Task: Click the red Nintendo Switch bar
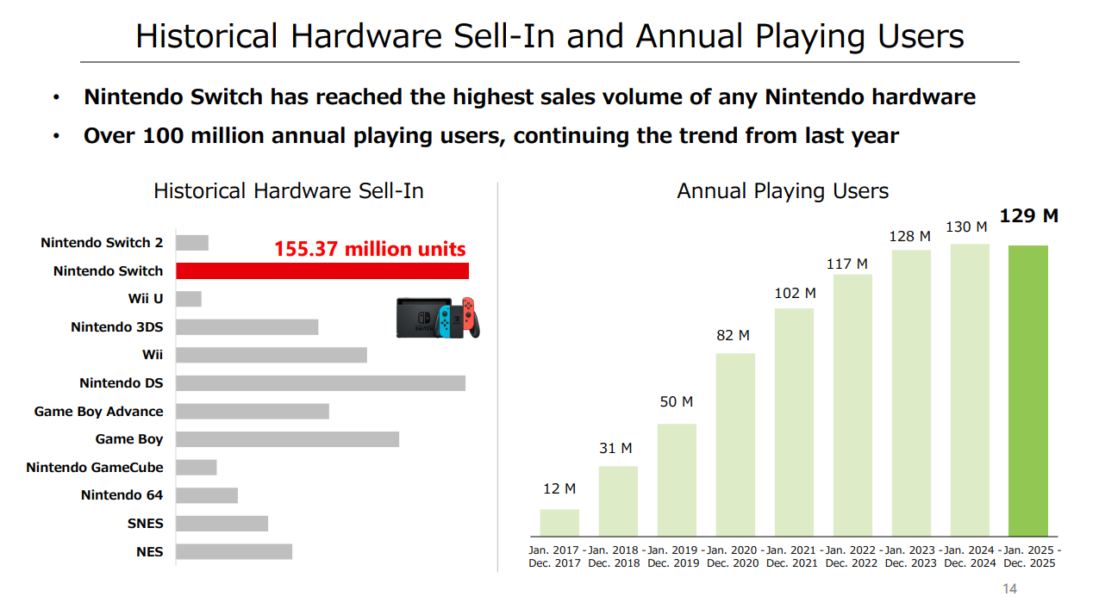point(322,271)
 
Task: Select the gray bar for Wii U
point(189,299)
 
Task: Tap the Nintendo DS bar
point(321,383)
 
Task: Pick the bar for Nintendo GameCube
point(197,468)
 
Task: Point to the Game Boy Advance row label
point(98,412)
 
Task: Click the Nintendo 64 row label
point(122,495)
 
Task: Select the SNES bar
point(222,524)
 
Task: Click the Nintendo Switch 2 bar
point(192,243)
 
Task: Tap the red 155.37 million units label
point(370,250)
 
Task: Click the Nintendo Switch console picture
point(438,318)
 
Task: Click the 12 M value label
point(559,489)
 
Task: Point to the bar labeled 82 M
point(735,444)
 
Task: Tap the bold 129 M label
point(1028,216)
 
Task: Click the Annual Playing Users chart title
point(783,191)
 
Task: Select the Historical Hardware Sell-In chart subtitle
point(289,191)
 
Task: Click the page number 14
point(1009,589)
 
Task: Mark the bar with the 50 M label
point(677,480)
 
